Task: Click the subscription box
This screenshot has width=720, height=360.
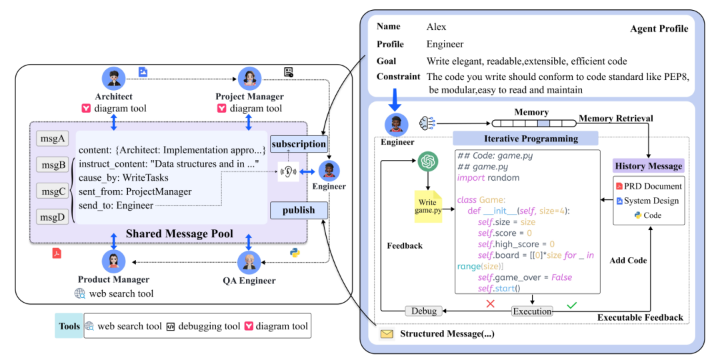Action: tap(299, 144)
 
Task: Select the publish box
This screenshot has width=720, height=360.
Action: tap(299, 210)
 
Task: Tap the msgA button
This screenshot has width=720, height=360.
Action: tap(52, 139)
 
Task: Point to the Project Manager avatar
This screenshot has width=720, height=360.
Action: tap(249, 79)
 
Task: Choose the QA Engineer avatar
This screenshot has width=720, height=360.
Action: tap(249, 263)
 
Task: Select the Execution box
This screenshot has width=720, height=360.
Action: tap(532, 311)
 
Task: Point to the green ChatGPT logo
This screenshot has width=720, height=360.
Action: tap(428, 161)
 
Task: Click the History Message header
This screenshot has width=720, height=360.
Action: tap(649, 166)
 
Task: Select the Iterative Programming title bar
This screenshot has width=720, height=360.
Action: tap(525, 138)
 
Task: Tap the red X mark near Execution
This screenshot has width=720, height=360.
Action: tap(490, 304)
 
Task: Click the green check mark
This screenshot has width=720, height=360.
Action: tap(572, 305)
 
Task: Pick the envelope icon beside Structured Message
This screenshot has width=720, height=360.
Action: tap(387, 334)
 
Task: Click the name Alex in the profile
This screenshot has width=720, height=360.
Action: tap(436, 27)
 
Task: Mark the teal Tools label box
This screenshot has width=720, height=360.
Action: tap(69, 326)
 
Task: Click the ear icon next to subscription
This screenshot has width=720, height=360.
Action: tap(288, 172)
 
